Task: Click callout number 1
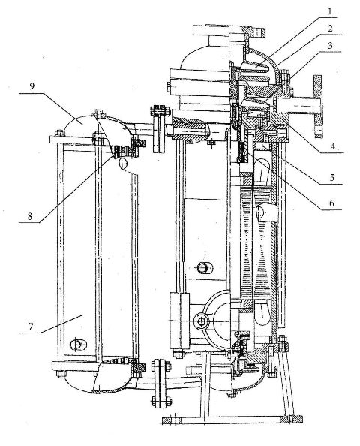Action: point(329,11)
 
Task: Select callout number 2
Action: point(330,29)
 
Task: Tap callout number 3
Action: point(330,46)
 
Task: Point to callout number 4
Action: point(332,146)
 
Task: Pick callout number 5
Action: point(331,178)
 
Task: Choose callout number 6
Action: point(331,203)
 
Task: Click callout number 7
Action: point(31,327)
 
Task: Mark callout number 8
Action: point(30,216)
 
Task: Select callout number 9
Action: point(31,86)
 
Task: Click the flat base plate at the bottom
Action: point(232,420)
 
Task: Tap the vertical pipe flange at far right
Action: point(318,107)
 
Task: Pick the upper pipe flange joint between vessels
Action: point(159,128)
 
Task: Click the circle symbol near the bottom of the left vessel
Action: point(78,345)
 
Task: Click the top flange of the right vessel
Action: point(229,31)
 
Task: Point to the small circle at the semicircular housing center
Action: point(201,321)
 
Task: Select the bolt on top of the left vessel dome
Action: point(98,113)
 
